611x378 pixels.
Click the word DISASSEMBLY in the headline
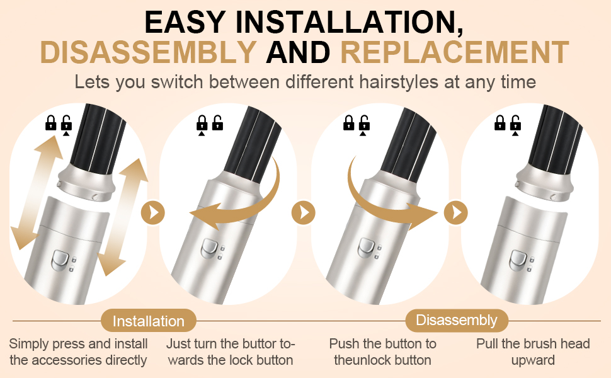tap(147, 52)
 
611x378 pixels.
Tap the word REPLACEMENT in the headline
tap(455, 52)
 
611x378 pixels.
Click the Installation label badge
tap(149, 321)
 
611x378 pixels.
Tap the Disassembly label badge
tap(457, 320)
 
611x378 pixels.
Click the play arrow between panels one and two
tap(152, 213)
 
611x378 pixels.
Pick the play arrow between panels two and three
tap(303, 213)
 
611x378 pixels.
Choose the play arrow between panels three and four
tap(456, 213)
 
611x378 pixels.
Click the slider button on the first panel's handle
tap(60, 261)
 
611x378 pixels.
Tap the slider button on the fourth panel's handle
tap(518, 260)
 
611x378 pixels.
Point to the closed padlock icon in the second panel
tap(202, 122)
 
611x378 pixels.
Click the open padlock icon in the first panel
tap(67, 122)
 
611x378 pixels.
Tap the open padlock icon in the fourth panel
tap(515, 122)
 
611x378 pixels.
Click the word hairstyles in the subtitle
tap(399, 83)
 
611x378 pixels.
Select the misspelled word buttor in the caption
tap(258, 344)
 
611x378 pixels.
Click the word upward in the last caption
tap(533, 360)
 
